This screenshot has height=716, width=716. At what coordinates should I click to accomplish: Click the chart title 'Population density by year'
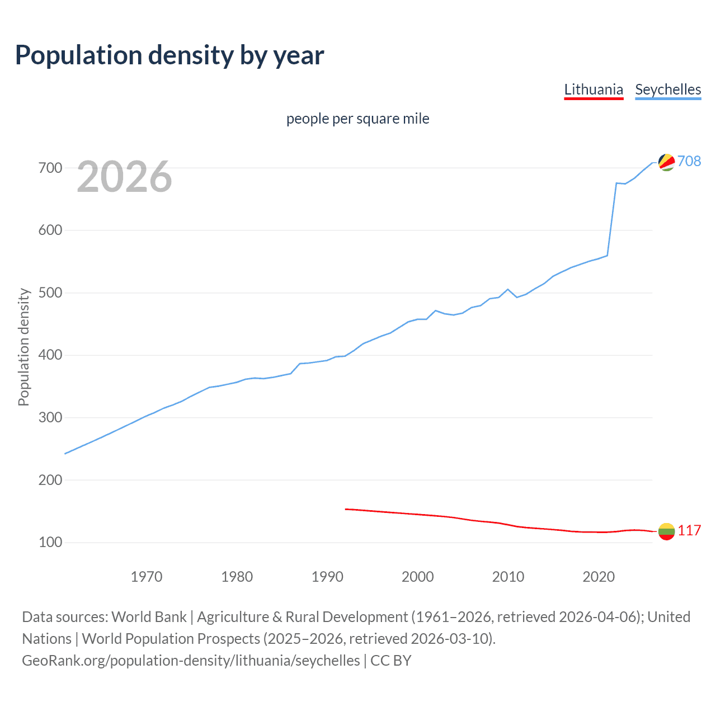click(169, 55)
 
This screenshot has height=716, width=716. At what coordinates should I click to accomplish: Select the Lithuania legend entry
click(593, 89)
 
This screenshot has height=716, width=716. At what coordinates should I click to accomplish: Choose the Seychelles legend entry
click(668, 89)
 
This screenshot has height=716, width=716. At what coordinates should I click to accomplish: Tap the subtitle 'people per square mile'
click(357, 119)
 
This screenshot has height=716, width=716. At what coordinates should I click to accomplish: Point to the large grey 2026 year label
click(124, 177)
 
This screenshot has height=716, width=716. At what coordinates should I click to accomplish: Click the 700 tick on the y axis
click(50, 168)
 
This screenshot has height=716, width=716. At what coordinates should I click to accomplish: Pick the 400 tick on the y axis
click(50, 355)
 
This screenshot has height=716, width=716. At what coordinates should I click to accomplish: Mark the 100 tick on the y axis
click(50, 543)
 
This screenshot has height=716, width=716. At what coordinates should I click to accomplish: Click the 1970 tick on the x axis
click(147, 577)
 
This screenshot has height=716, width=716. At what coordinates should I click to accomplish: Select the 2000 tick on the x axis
click(417, 577)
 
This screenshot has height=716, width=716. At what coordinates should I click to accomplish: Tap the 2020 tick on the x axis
click(599, 577)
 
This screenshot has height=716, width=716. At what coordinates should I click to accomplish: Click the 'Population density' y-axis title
click(23, 347)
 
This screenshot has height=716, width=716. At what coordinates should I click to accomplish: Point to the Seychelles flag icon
click(666, 162)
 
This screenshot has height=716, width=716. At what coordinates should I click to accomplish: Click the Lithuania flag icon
click(666, 531)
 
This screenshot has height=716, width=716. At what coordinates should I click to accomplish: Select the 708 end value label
click(689, 161)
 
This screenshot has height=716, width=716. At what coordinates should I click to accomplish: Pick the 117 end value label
click(689, 530)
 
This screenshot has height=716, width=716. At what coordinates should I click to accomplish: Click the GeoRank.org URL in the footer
click(191, 661)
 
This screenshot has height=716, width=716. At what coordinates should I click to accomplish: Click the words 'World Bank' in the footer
click(149, 617)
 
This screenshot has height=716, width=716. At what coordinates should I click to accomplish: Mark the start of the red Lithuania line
click(346, 509)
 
